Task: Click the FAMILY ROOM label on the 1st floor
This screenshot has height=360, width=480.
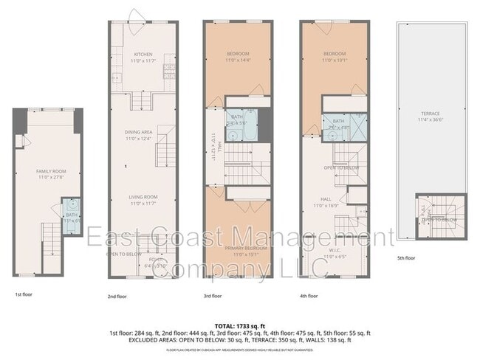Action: pyautogui.click(x=47, y=171)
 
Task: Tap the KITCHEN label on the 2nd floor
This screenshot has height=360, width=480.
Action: pyautogui.click(x=143, y=55)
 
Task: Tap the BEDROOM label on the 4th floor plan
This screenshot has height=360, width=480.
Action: pyautogui.click(x=336, y=54)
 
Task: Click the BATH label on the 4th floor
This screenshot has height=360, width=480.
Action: pyautogui.click(x=339, y=121)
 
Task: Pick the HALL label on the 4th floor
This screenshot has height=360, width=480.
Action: pyautogui.click(x=326, y=199)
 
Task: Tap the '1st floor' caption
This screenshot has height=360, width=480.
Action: pyautogui.click(x=24, y=294)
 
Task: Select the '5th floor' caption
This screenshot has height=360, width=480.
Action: pyautogui.click(x=407, y=257)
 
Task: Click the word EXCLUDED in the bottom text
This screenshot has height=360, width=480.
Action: pyautogui.click(x=148, y=340)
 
